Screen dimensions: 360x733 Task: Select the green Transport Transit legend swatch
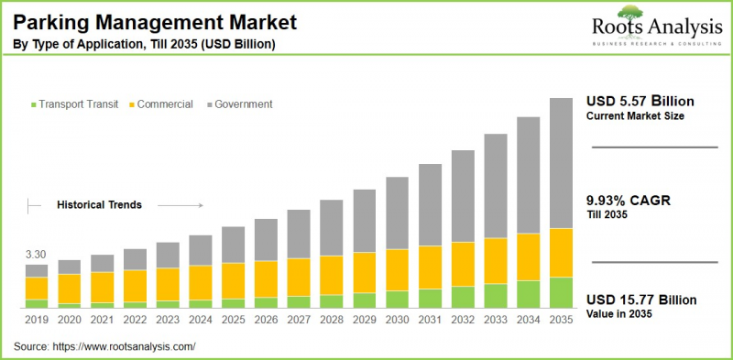[x=34, y=104]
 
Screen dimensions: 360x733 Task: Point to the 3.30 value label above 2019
[x=35, y=254]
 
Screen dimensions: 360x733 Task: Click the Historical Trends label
[x=99, y=205]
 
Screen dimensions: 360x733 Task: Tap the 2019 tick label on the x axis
[x=36, y=319]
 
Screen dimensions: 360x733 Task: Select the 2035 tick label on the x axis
[x=561, y=319]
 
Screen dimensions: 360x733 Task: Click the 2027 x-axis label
[x=299, y=319]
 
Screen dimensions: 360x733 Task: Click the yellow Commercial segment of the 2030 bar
[x=397, y=269]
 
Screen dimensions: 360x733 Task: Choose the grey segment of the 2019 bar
[x=36, y=271]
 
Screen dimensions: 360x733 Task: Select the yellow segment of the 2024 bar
[x=200, y=282]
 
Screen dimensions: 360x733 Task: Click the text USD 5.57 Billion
[x=640, y=101]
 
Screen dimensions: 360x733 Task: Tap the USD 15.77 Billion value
[x=641, y=300]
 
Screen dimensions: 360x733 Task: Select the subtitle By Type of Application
[x=142, y=44]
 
